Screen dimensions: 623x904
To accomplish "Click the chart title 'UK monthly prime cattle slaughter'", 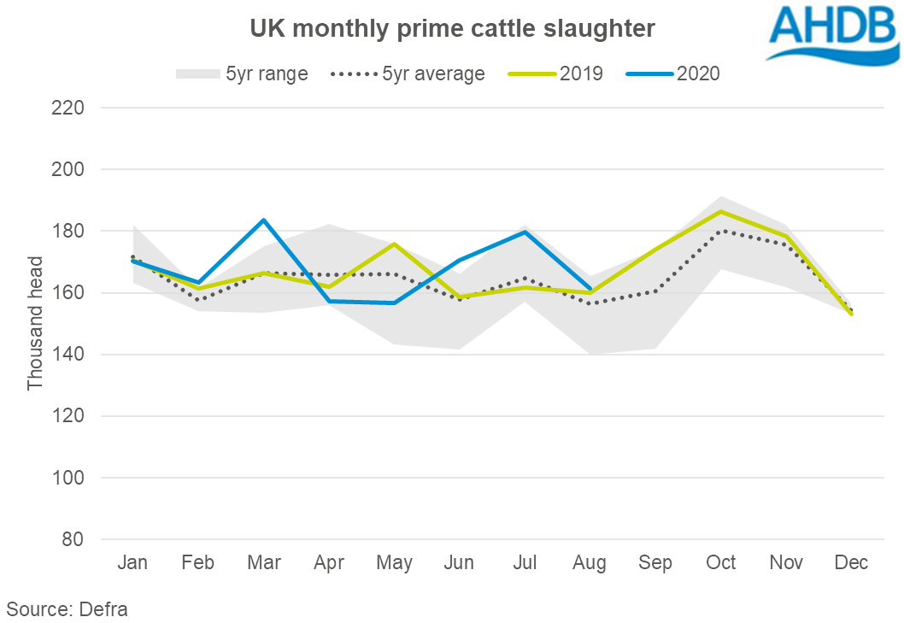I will tap(452, 29).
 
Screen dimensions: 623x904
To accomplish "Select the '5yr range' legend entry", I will tap(242, 73).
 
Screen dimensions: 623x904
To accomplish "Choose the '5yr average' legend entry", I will tap(408, 73).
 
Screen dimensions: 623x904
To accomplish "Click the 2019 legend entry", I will tap(556, 73).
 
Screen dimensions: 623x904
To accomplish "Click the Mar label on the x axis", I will tap(264, 562).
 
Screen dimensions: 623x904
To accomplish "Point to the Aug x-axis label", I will tap(590, 562).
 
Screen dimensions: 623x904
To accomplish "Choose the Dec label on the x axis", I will tap(852, 562).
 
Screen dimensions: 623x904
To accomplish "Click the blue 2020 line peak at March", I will tap(264, 220).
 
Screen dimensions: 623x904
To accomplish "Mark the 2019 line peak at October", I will tap(722, 211).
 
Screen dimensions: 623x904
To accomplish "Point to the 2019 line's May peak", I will tap(395, 244).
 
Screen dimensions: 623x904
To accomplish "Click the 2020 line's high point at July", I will tap(525, 232).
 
